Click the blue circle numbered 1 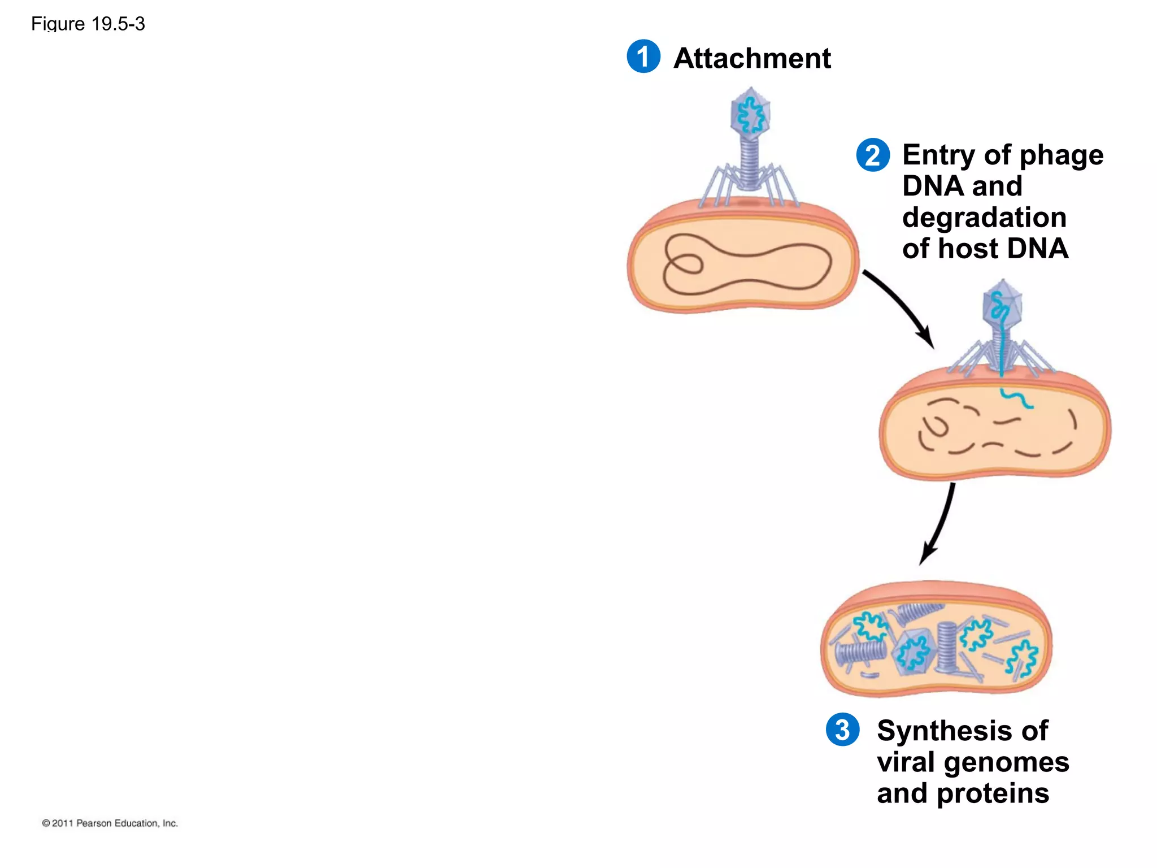click(x=643, y=57)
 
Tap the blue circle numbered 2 click(x=873, y=155)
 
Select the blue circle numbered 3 click(x=842, y=730)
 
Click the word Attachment click(x=752, y=58)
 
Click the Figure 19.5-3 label click(x=88, y=24)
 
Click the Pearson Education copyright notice click(x=110, y=823)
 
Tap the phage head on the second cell click(x=1002, y=306)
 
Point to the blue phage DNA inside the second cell click(x=1017, y=398)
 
